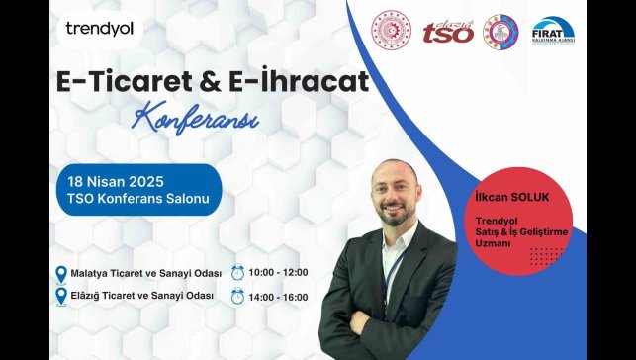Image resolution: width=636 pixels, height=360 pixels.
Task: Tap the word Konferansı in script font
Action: [x=196, y=119]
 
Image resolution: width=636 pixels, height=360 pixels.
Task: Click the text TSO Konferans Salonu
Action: [x=138, y=200]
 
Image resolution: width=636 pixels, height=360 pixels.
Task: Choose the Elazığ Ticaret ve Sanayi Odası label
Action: [x=140, y=296]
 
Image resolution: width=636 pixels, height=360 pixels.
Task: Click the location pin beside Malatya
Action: [x=61, y=273]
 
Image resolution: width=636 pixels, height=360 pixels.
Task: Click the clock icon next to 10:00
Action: [x=237, y=272]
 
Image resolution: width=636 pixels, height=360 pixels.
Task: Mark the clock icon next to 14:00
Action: [x=237, y=296]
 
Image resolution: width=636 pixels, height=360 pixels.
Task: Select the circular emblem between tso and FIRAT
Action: [x=500, y=32]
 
